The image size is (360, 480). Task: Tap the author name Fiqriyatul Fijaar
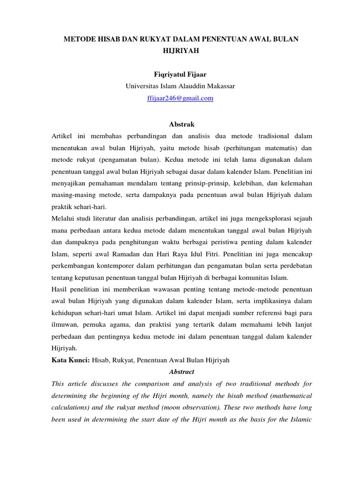[x=180, y=74]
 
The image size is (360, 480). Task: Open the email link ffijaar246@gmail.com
[x=180, y=98]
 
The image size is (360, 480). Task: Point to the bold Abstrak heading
[x=180, y=124]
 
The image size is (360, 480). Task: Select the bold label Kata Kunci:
[x=70, y=360]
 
